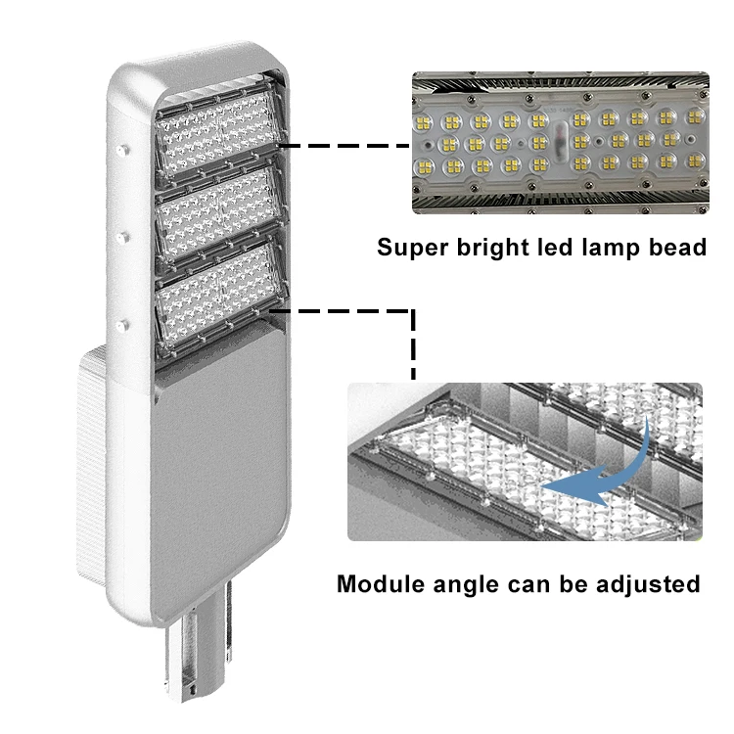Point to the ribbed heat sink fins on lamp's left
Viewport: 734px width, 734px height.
pyautogui.click(x=88, y=470)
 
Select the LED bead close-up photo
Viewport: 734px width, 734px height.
pyautogui.click(x=559, y=144)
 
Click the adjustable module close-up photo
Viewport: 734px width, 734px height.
pyautogui.click(x=525, y=461)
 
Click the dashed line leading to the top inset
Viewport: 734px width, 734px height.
pyautogui.click(x=347, y=145)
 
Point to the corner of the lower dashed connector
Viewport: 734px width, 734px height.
pyautogui.click(x=413, y=312)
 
